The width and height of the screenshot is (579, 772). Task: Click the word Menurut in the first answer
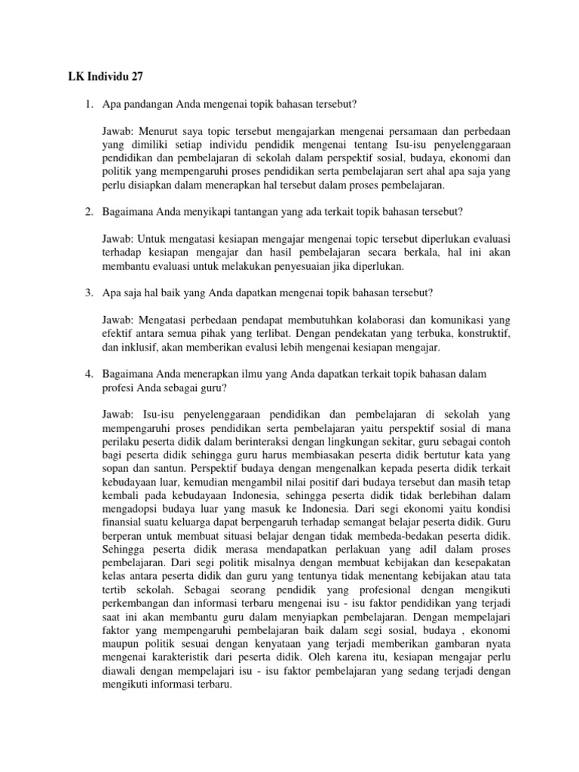pyautogui.click(x=156, y=129)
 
